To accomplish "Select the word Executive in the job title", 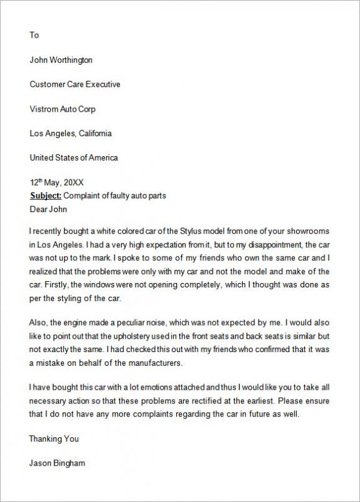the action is click(x=100, y=84).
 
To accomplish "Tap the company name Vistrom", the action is click(x=44, y=109).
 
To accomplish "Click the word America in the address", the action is click(x=102, y=158).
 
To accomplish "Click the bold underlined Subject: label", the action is click(x=46, y=196).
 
